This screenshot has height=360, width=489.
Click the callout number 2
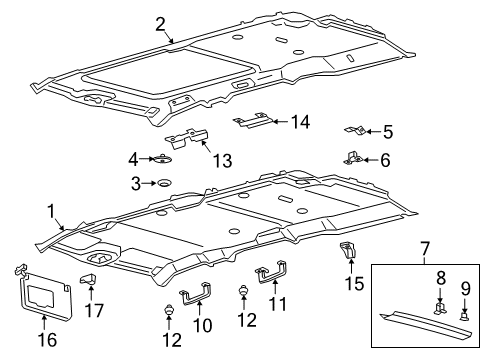pos(161,24)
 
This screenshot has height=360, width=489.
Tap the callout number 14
pos(300,122)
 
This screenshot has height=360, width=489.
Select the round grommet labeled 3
pos(160,183)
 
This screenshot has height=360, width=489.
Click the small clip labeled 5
pos(351,130)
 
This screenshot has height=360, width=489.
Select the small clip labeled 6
pos(352,158)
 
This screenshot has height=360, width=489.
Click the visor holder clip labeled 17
pos(90,294)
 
